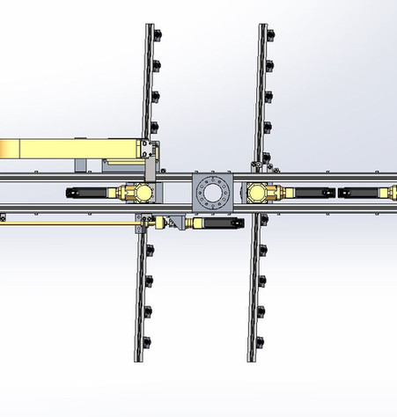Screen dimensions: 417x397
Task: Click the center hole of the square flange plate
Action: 212,194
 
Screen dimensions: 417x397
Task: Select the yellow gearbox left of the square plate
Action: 134,193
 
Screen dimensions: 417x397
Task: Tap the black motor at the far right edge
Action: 367,193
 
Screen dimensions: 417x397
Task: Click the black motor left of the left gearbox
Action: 89,193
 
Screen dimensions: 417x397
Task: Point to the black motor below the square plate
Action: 216,223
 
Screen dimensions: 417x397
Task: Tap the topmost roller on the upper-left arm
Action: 158,34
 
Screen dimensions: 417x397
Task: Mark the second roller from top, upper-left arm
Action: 158,64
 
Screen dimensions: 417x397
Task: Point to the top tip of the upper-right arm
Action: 263,26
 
